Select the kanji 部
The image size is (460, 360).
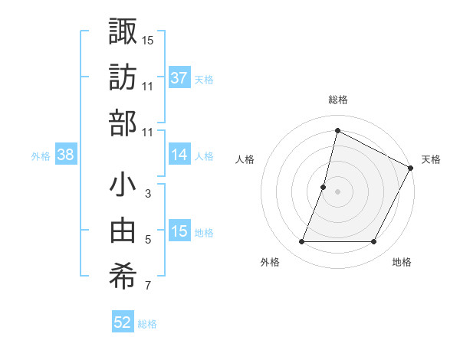(123, 123)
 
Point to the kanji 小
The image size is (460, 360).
(123, 185)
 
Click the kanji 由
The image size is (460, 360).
(123, 231)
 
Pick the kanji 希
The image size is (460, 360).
(123, 277)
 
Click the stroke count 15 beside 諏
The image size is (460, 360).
(148, 39)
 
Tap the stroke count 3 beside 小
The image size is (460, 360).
(148, 195)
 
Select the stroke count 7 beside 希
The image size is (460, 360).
(148, 287)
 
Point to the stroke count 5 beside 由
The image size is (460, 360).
(148, 241)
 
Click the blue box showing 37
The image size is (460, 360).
(179, 78)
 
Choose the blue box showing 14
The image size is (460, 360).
(179, 155)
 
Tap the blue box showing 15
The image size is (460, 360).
(179, 232)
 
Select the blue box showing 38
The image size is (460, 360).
(66, 155)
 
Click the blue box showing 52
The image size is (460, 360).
(123, 322)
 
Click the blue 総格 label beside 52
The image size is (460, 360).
(147, 324)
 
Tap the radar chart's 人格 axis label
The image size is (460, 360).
(245, 159)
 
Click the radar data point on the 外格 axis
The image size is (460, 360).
(301, 242)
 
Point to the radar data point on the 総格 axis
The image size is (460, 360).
(337, 130)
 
